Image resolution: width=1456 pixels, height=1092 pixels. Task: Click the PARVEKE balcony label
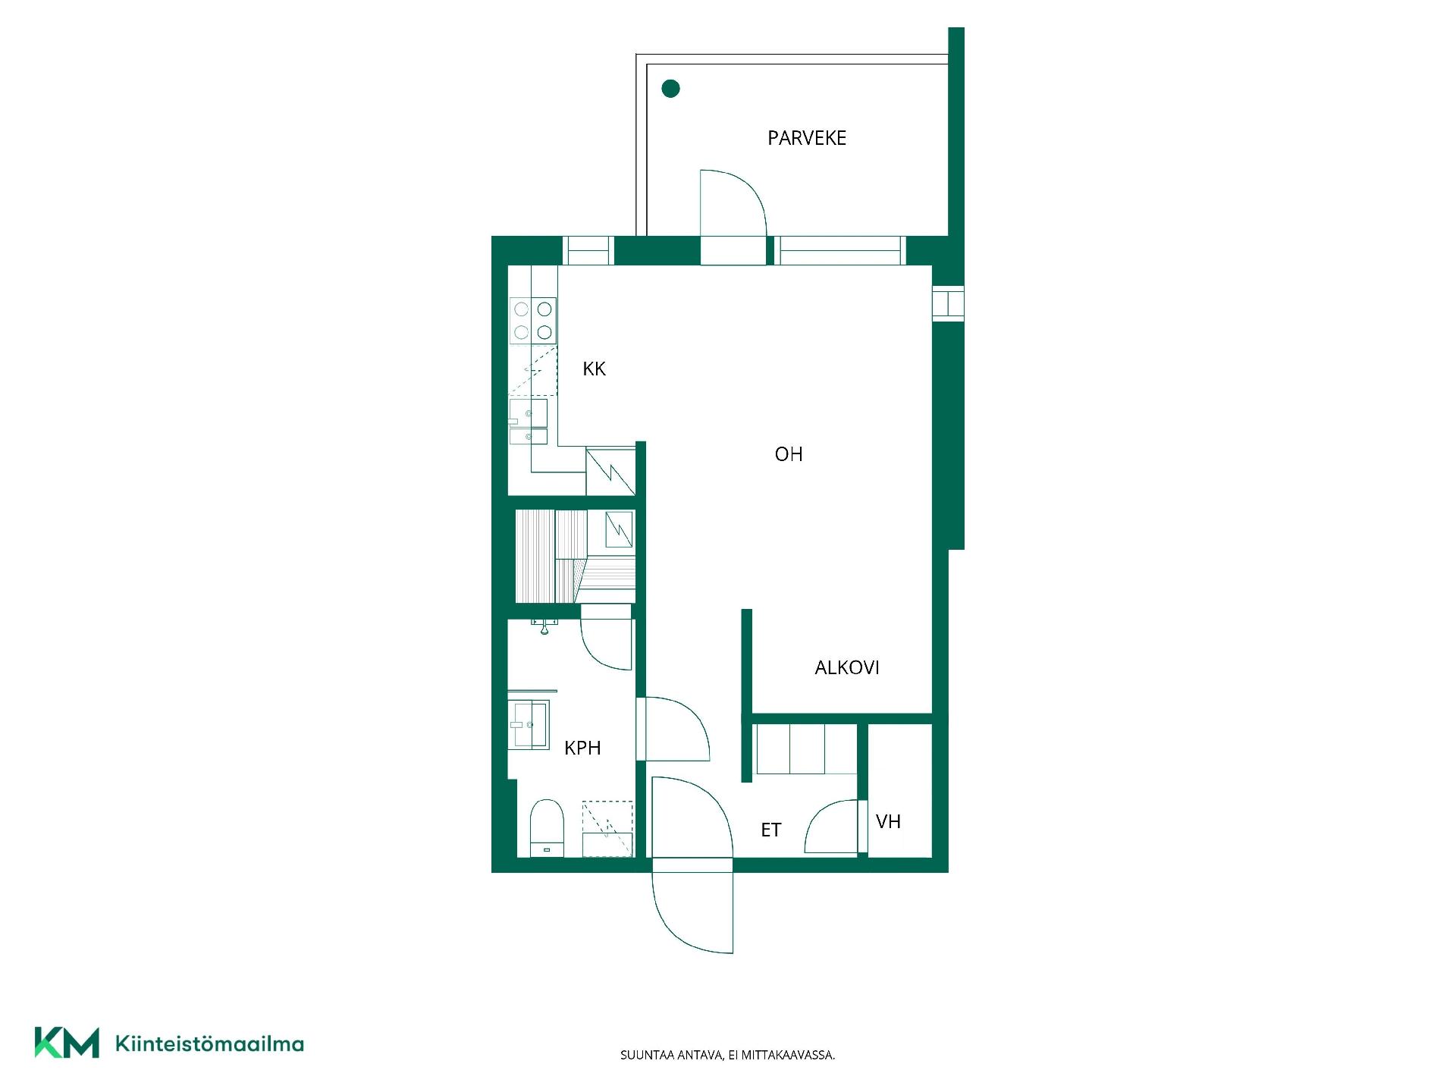point(807,138)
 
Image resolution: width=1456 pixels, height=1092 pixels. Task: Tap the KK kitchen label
point(594,369)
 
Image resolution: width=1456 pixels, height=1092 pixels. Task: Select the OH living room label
point(789,454)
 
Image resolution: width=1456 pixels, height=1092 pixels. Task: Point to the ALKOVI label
point(847,667)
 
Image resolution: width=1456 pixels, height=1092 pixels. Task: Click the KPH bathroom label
point(582,748)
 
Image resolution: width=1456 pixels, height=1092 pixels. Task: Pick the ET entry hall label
point(770,830)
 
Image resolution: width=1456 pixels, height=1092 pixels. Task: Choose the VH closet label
point(888,821)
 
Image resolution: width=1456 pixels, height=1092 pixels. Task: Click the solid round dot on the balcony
point(670,89)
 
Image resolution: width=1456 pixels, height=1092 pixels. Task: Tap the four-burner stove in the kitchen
point(532,321)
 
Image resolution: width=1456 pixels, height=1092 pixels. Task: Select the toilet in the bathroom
point(547,827)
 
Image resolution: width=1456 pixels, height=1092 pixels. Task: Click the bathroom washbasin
point(529,725)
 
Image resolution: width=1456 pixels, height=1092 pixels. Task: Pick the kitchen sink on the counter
point(528,422)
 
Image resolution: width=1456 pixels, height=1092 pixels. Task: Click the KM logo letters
point(67,1043)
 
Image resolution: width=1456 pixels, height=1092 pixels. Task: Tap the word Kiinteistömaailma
point(209,1044)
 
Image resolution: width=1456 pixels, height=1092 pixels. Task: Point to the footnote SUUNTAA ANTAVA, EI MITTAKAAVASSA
point(728,1055)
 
